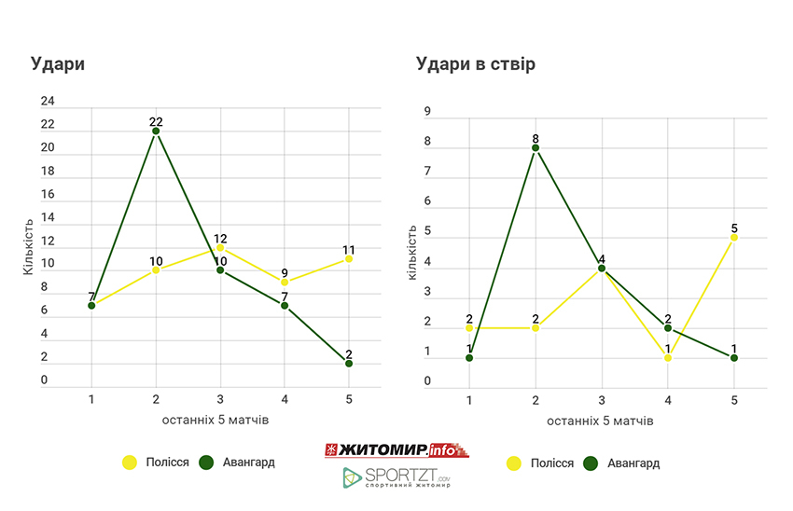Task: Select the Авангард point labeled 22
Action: click(156, 131)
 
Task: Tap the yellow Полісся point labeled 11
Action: click(349, 258)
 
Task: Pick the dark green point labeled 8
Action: click(536, 147)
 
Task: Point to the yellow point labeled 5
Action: click(734, 238)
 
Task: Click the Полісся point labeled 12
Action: click(220, 247)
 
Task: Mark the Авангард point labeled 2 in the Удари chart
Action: click(349, 364)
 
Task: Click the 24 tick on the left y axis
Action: click(48, 101)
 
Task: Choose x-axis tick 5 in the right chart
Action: click(734, 400)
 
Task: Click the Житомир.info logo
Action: click(396, 450)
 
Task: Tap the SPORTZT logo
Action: click(396, 478)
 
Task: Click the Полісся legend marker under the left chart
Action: click(130, 463)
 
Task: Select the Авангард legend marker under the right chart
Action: click(591, 463)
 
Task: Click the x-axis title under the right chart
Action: click(601, 421)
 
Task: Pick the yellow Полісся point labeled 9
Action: click(285, 283)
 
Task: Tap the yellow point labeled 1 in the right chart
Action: click(668, 357)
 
